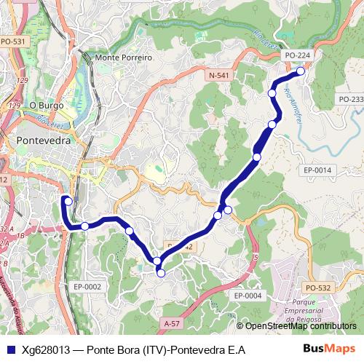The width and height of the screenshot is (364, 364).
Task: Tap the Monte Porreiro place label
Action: click(x=124, y=58)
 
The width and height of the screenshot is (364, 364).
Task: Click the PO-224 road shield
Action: click(x=297, y=55)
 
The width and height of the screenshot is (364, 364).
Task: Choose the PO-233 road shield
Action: click(x=351, y=99)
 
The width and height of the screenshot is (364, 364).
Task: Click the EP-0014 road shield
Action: click(x=317, y=170)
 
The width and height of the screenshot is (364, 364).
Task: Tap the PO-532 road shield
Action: click(x=318, y=288)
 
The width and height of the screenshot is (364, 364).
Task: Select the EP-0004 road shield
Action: click(x=248, y=296)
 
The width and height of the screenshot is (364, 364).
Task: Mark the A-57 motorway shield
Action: click(x=172, y=323)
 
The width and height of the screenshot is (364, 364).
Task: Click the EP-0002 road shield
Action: click(x=87, y=287)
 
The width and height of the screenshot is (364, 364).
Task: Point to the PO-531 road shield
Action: click(x=13, y=41)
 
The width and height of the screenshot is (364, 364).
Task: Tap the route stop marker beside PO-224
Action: click(x=301, y=71)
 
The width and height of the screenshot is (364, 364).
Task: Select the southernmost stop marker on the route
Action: click(x=161, y=273)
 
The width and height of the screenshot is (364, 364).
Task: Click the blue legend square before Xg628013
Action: click(x=9, y=350)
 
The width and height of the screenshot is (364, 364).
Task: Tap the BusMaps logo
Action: click(x=328, y=349)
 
